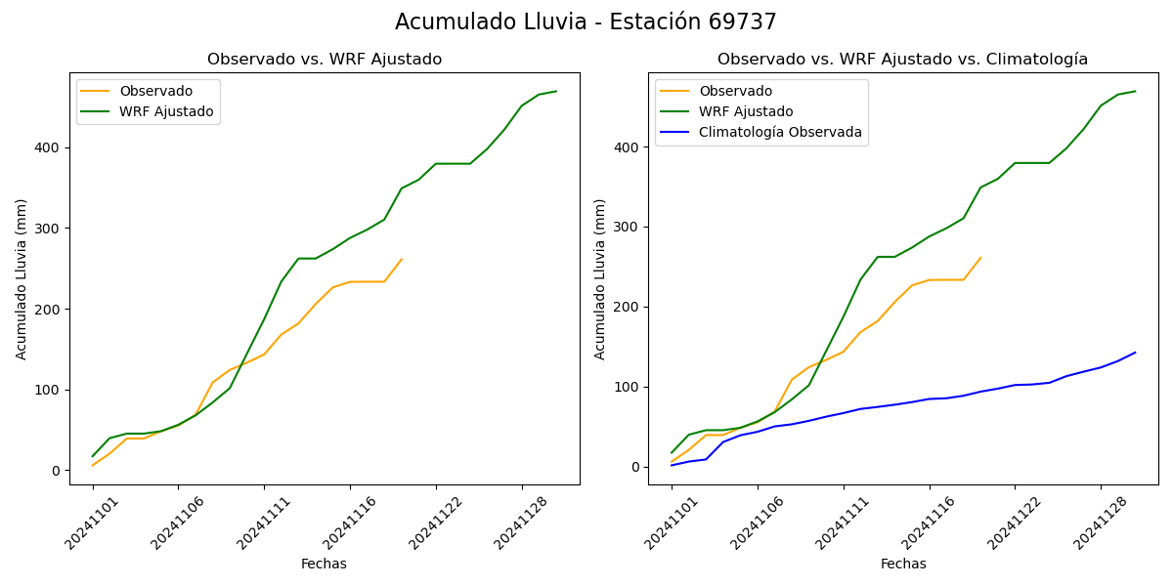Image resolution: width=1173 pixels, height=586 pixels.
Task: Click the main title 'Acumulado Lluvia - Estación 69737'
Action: point(586,22)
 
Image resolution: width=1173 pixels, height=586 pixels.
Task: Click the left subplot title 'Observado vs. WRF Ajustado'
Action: point(325,60)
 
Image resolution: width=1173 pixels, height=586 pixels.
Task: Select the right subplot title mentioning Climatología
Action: point(902,60)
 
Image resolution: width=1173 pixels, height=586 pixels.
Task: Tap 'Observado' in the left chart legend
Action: point(155,91)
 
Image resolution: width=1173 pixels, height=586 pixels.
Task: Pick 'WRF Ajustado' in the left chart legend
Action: point(166,111)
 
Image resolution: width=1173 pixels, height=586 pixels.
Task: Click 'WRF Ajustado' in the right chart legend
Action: point(746,111)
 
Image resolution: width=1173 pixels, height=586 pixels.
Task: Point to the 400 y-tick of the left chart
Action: point(50,147)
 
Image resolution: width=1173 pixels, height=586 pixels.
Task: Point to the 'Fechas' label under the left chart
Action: point(324,564)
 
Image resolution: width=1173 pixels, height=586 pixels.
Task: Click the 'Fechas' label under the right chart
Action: point(903,564)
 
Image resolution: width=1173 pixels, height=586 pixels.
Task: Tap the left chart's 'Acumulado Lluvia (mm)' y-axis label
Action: point(22,278)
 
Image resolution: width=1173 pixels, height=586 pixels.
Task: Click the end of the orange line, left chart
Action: point(402,259)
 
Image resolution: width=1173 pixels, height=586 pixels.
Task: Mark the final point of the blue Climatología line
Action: point(1135,353)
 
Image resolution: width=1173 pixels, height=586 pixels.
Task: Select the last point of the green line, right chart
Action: point(1135,91)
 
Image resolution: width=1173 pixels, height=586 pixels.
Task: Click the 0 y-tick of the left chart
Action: point(57,471)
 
